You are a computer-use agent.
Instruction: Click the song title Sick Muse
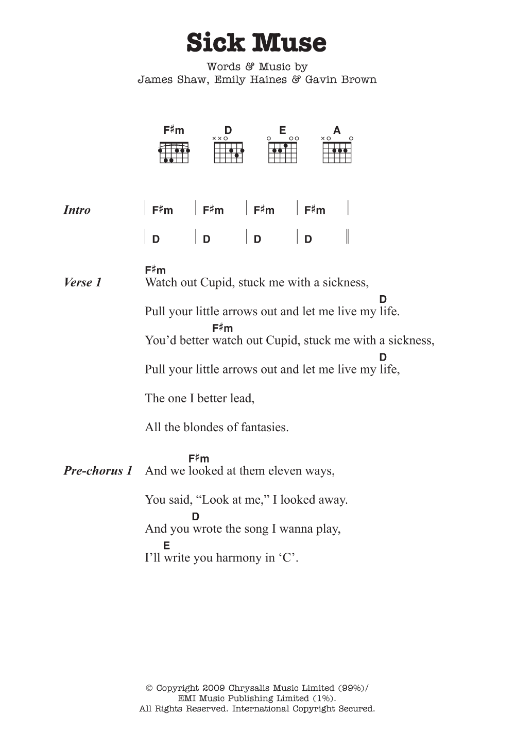[256, 43]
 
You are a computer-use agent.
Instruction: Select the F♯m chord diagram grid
[174, 153]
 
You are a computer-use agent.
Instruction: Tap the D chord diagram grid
[228, 153]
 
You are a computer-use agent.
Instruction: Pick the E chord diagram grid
[283, 153]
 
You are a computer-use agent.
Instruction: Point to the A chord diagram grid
[337, 153]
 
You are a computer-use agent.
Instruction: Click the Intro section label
[77, 210]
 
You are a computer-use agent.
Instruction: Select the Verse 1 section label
[82, 283]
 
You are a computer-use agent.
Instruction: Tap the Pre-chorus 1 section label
[98, 471]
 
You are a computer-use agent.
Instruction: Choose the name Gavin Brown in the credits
[341, 80]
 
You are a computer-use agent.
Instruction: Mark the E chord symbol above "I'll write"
[166, 546]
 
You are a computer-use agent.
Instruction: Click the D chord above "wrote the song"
[196, 517]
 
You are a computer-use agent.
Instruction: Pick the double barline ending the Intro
[348, 237]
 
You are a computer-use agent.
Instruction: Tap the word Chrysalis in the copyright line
[253, 688]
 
